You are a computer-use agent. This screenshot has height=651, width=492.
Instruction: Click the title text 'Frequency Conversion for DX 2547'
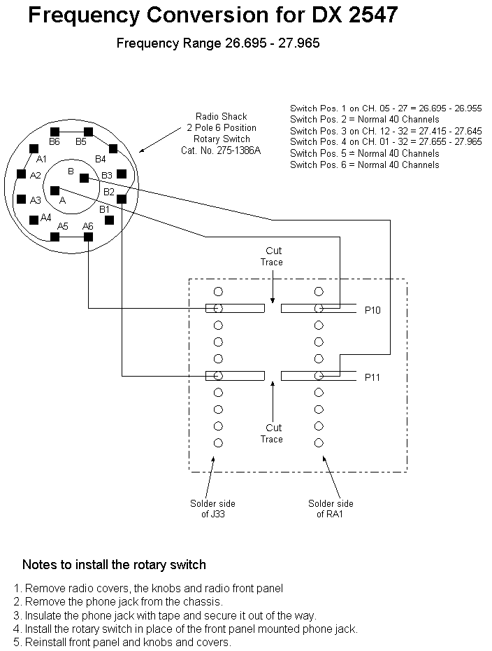[x=213, y=15]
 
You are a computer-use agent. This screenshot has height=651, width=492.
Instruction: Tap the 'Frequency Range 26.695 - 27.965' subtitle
[x=218, y=43]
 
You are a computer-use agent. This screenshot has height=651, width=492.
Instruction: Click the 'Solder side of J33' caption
[x=212, y=509]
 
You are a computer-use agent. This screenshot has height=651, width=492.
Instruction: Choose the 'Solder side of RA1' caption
[x=331, y=509]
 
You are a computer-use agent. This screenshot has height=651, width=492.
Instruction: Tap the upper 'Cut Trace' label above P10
[x=273, y=256]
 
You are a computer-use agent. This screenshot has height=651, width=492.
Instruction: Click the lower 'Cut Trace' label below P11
[x=273, y=433]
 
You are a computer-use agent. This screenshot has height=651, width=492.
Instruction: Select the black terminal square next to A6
[x=88, y=237]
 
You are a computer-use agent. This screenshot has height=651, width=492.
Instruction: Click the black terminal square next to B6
[x=55, y=132]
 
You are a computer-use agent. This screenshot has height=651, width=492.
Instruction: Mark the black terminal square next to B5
[x=88, y=132]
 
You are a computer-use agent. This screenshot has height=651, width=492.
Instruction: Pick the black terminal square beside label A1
[x=34, y=148]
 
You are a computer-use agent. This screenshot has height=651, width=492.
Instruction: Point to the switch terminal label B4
[x=101, y=159]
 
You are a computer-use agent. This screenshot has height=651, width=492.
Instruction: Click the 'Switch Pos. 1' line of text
[x=386, y=108]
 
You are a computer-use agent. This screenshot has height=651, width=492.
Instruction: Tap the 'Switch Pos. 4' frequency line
[x=386, y=142]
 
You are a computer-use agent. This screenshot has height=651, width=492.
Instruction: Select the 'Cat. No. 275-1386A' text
[x=221, y=150]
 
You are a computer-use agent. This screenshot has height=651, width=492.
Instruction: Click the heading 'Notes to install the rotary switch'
[x=114, y=564]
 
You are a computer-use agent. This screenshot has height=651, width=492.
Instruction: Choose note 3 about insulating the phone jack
[x=165, y=615]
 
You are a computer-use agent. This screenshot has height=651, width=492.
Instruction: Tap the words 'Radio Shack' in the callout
[x=221, y=116]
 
